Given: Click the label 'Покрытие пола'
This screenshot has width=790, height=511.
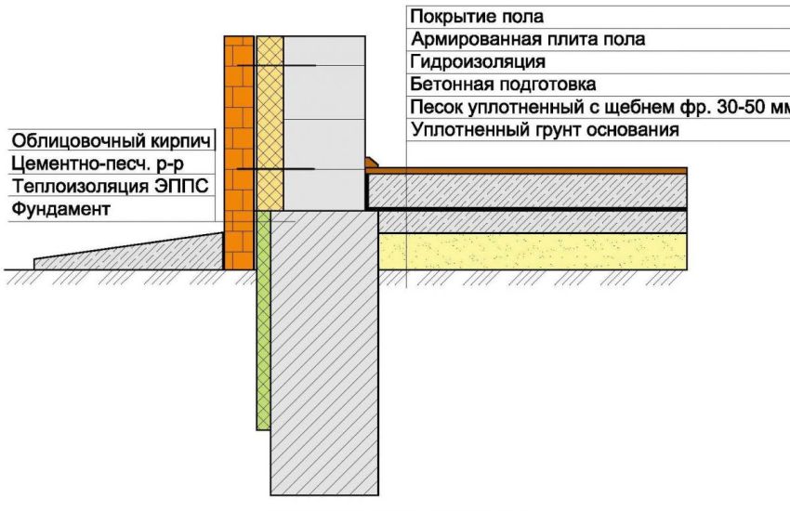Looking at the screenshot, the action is [x=477, y=17].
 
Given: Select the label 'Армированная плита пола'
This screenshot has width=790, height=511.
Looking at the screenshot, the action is [x=528, y=39].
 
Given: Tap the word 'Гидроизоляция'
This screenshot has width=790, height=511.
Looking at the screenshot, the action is [x=478, y=62].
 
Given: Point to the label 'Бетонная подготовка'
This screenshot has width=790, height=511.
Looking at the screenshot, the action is [x=503, y=84].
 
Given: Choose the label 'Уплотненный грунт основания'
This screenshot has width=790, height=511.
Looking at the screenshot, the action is [x=546, y=130].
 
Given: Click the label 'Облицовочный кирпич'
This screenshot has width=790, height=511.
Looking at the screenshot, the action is [x=111, y=141].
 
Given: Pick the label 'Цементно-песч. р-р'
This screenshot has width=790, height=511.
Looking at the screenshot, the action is [x=98, y=164].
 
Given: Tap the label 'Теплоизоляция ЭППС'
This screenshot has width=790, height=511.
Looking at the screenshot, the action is [x=110, y=186].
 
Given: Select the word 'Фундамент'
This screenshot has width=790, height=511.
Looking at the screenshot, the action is [x=60, y=208].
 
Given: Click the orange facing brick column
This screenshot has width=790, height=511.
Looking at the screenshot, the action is [x=239, y=152].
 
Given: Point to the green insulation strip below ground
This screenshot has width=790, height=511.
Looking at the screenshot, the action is [x=264, y=321].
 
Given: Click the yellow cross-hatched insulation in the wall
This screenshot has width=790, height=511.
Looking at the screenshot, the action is [x=270, y=124].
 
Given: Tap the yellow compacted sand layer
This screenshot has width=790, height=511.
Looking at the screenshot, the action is [x=533, y=251].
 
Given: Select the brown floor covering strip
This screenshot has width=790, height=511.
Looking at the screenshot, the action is [x=526, y=171].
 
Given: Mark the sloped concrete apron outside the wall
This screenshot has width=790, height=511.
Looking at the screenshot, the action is [x=128, y=251].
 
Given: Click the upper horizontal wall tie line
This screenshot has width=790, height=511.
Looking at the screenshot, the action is [x=276, y=65].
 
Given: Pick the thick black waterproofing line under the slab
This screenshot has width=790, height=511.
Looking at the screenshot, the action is [x=526, y=208].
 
